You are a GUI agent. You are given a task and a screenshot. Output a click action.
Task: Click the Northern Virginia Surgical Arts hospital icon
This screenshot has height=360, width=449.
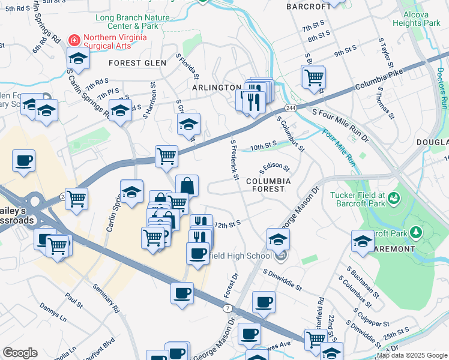point(74,40)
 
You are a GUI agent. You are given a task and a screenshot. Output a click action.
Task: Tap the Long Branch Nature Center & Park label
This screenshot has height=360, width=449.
point(132,22)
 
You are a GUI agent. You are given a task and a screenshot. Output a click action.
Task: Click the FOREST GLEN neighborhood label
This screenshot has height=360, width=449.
point(133,63)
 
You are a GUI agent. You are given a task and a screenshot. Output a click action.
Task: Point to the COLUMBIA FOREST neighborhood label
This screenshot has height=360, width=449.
point(268,185)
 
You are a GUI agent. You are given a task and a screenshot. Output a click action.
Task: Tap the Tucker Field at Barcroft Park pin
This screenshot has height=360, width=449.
point(394,197)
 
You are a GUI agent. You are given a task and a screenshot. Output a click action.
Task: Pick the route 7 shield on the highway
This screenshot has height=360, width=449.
point(228,308)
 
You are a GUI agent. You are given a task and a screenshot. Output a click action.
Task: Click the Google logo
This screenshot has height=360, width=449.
point(20,353)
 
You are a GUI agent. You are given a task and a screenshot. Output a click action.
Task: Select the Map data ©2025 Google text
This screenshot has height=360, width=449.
point(411,355)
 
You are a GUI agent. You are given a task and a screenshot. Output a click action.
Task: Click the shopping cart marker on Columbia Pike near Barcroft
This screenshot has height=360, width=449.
point(313,77)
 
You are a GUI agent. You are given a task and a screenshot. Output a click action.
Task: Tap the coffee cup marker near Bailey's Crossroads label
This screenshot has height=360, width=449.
point(23,161)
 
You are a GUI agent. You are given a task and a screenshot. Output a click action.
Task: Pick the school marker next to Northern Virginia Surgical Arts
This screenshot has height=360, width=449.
point(78,58)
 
